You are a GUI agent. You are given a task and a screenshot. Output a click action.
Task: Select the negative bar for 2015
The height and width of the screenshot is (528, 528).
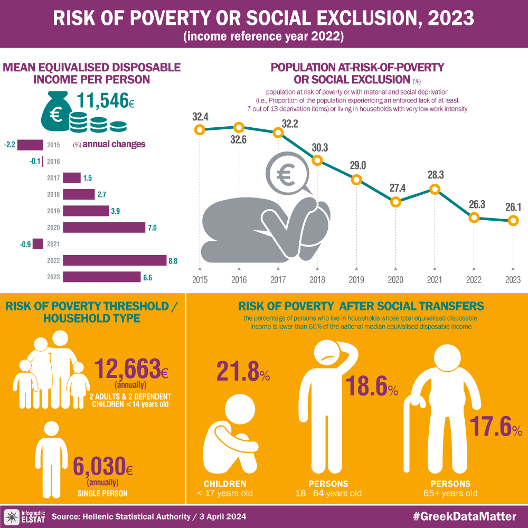34,145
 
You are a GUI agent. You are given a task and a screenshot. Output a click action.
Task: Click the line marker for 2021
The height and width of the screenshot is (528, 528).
435,188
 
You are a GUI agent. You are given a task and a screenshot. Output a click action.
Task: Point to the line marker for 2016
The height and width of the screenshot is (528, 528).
239,127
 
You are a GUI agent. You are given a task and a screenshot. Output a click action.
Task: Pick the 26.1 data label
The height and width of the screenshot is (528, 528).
513,208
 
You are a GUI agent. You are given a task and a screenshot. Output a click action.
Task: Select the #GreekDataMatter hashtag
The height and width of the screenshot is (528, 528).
464,516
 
